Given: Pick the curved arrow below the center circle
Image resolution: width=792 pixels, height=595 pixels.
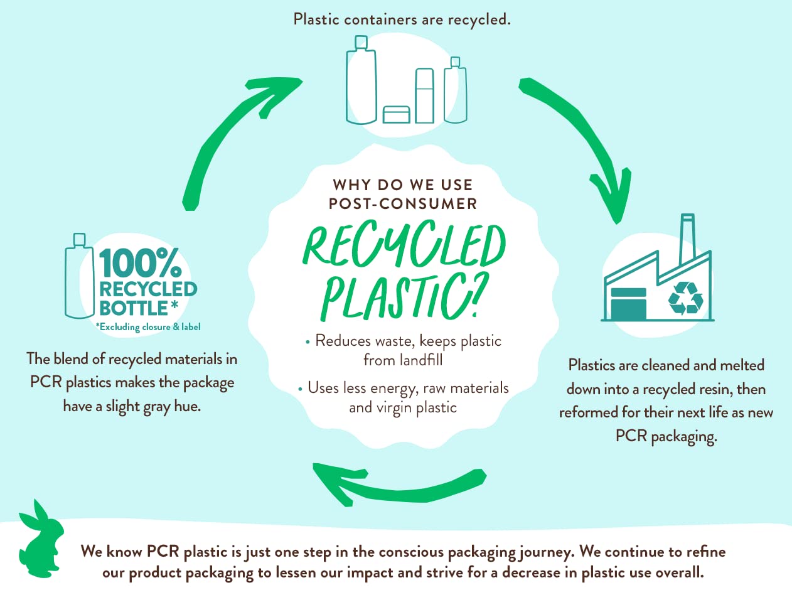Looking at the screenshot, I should [395, 484].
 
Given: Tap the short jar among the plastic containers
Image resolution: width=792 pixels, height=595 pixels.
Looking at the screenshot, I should [396, 114].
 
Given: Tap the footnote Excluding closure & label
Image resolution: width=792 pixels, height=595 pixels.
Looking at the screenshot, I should [148, 326].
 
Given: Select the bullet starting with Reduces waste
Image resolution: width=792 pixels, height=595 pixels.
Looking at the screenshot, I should [405, 350].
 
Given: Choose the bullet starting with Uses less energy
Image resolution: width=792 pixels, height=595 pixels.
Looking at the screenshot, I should [405, 397].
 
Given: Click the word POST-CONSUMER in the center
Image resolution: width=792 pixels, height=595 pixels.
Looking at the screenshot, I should [404, 204].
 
